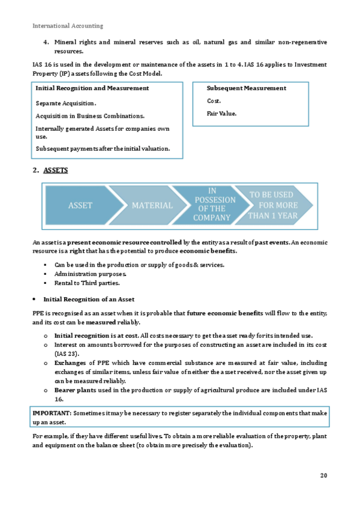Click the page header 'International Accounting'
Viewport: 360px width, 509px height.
pos(68,26)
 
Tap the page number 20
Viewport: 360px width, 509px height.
pos(323,475)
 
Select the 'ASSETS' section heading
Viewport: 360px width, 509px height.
pos(55,170)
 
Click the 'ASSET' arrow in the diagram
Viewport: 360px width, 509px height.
pos(80,205)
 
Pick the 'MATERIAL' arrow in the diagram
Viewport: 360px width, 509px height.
pos(152,205)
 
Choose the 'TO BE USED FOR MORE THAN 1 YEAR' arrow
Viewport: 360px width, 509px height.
pos(273,205)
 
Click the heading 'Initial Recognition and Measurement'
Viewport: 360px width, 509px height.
pos(92,88)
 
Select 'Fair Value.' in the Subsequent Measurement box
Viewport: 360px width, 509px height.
pos(221,113)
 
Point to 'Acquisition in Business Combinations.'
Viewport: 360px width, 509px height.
pos(90,116)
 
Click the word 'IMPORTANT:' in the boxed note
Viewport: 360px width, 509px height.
pos(52,413)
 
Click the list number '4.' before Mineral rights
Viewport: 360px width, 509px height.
pos(46,42)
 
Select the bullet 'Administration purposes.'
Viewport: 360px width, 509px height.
pos(91,274)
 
